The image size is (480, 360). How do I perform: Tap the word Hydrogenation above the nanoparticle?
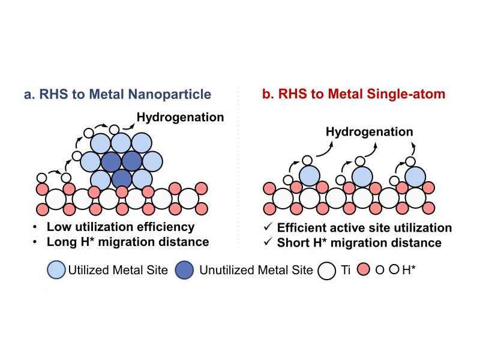(180, 116)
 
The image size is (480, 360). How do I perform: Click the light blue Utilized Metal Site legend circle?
(55, 271)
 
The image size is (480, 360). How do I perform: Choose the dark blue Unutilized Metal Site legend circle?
(184, 271)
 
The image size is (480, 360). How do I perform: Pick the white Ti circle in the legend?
(326, 271)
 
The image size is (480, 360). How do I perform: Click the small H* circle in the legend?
(394, 270)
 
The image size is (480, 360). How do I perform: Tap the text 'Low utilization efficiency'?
(121, 227)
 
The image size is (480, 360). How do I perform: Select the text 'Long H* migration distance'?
(128, 242)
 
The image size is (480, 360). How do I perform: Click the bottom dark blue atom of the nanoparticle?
(121, 178)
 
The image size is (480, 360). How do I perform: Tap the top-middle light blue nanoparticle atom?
(121, 143)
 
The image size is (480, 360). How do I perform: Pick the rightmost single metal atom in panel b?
(415, 176)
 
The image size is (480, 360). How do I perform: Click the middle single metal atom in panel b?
(362, 176)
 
